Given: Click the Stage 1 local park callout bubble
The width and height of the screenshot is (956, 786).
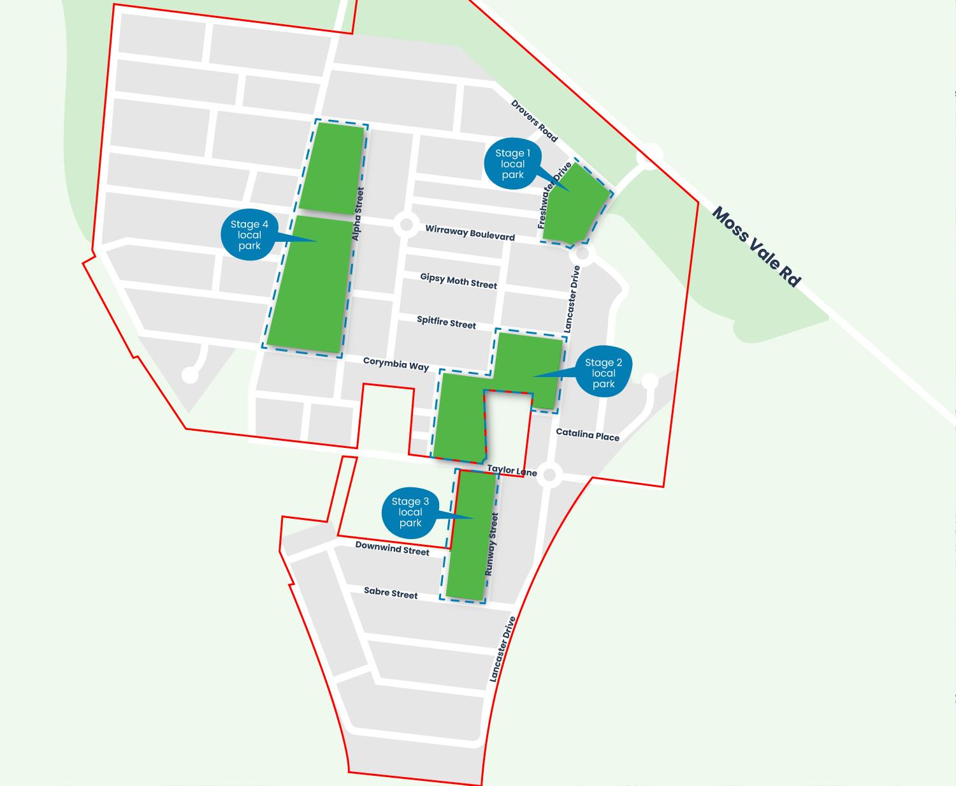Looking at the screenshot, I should (512, 164).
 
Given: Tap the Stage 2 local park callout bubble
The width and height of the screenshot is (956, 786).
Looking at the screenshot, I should (603, 373).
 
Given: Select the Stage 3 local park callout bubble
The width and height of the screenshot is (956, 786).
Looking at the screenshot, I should (410, 512).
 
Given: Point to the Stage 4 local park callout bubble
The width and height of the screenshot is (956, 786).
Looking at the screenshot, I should (249, 235).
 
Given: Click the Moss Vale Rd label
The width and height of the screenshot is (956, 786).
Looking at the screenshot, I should (756, 246).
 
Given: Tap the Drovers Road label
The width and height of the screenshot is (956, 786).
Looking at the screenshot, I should (534, 121).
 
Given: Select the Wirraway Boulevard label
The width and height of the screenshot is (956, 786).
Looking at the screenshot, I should (470, 232).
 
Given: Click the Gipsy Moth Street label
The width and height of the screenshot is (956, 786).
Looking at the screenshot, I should (458, 281).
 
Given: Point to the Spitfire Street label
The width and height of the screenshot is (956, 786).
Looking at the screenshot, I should (446, 322).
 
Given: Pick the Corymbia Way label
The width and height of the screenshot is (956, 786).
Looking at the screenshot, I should (396, 364).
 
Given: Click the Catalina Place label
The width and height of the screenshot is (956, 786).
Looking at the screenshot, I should (588, 434).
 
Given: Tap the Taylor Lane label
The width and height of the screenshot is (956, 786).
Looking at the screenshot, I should (512, 471).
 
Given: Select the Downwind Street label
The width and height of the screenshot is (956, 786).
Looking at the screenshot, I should (392, 547).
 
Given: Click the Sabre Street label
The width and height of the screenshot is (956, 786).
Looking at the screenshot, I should (391, 593).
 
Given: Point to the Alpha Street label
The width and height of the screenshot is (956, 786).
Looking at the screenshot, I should (358, 214).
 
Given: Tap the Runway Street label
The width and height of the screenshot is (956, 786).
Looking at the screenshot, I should (491, 544).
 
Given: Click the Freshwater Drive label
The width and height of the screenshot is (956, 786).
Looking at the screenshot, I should (554, 196).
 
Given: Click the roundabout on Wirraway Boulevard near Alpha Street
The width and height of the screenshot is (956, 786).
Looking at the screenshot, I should (405, 225).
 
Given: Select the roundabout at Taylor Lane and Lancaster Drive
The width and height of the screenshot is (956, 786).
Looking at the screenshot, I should (550, 475).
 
